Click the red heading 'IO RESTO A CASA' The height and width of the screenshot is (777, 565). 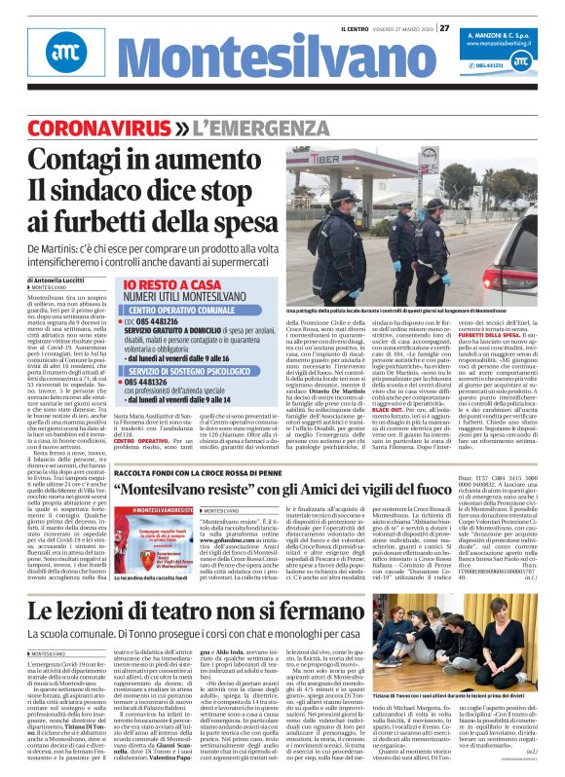click(x=157, y=258)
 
